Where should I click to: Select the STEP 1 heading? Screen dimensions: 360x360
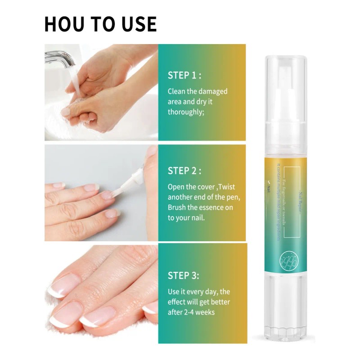pos(184,75)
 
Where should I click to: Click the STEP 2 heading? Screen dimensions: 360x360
pos(184,171)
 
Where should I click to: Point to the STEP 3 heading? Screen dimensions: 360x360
pos(183,275)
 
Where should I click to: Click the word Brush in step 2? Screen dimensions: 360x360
pos(177,207)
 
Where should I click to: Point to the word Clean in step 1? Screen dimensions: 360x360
pos(176,91)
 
